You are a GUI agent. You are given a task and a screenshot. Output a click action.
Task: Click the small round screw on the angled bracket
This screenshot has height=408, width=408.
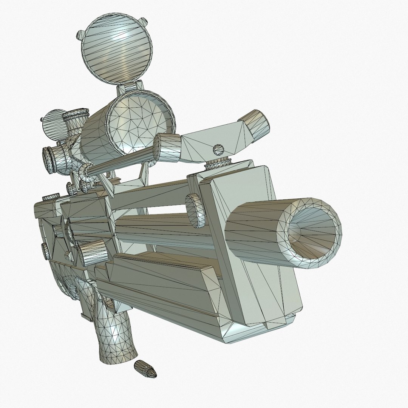[218, 149]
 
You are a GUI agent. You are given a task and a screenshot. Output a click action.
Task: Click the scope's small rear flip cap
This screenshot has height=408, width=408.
[53, 125]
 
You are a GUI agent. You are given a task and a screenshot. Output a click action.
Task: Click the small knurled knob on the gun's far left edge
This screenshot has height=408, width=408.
[45, 251]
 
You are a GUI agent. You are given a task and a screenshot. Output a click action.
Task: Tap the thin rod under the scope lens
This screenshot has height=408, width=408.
[121, 162]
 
